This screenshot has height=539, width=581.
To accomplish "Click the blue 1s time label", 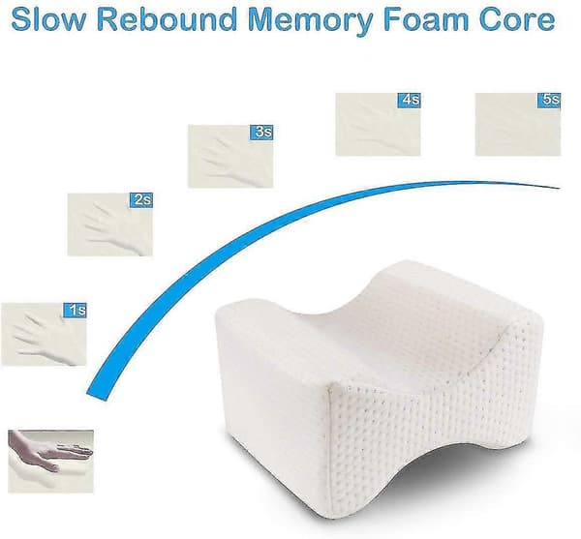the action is tap(76, 310).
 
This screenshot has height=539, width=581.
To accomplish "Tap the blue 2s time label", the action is tap(141, 200).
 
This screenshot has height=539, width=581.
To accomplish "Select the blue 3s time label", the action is tap(261, 133).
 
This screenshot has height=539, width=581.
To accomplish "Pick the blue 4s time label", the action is tap(409, 101).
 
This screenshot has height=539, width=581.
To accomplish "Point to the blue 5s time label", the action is tap(549, 101).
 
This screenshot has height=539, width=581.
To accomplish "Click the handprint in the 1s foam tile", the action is tap(41, 335).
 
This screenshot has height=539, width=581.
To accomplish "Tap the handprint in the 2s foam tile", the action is tap(111, 225).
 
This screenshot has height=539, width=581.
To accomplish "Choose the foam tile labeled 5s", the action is tap(518, 125).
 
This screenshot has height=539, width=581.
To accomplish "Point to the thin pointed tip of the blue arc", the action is tap(559, 188).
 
